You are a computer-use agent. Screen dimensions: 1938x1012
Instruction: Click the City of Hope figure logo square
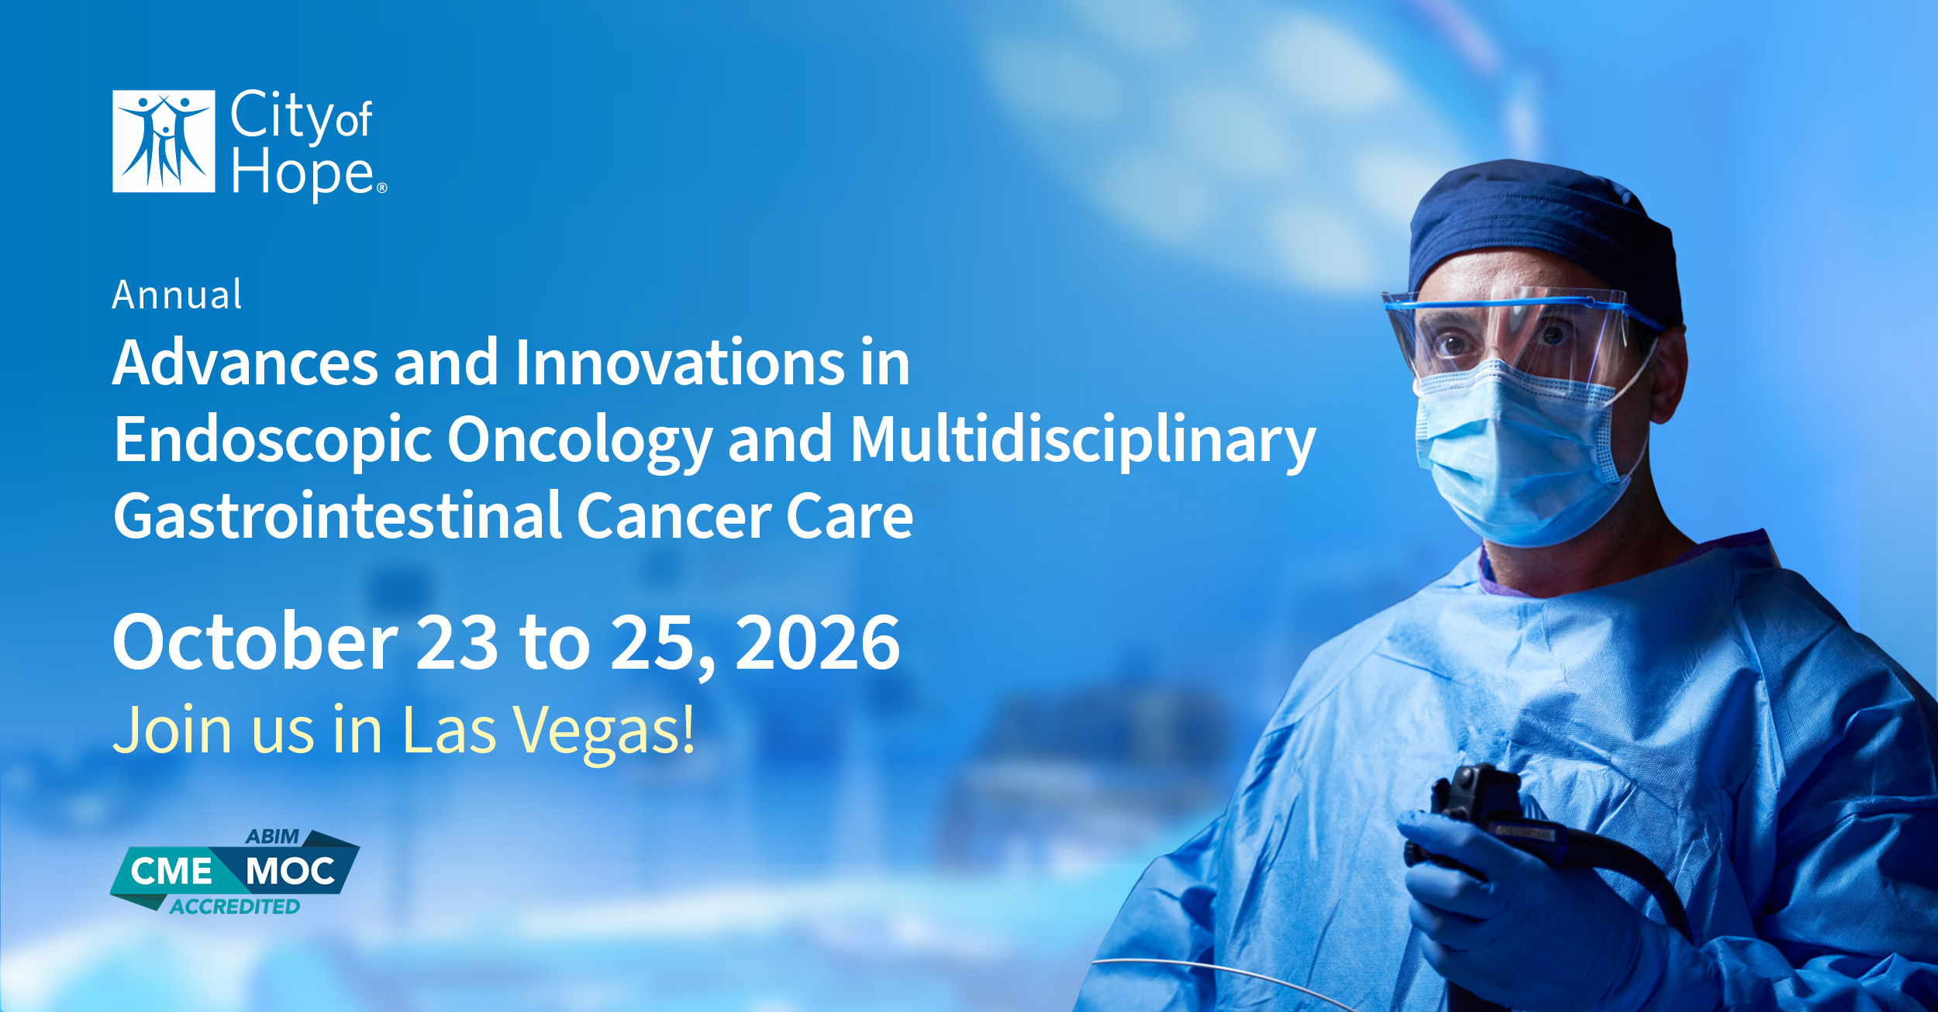pyautogui.click(x=164, y=141)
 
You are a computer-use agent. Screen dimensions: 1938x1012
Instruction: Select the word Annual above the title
pyautogui.click(x=177, y=294)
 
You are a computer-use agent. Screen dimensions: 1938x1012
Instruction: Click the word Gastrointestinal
pyautogui.click(x=338, y=515)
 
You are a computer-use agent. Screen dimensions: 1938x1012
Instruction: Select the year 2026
pyautogui.click(x=818, y=642)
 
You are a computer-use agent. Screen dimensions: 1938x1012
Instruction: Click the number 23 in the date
pyautogui.click(x=457, y=642)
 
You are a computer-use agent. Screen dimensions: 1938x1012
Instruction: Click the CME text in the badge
pyautogui.click(x=171, y=872)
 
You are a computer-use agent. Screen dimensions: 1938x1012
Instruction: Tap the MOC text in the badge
pyautogui.click(x=290, y=872)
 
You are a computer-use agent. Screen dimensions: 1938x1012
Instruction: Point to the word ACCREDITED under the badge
pyautogui.click(x=235, y=907)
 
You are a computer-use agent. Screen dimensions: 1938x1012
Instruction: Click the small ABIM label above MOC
pyautogui.click(x=272, y=837)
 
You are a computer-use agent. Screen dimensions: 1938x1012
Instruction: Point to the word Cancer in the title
pyautogui.click(x=674, y=517)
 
